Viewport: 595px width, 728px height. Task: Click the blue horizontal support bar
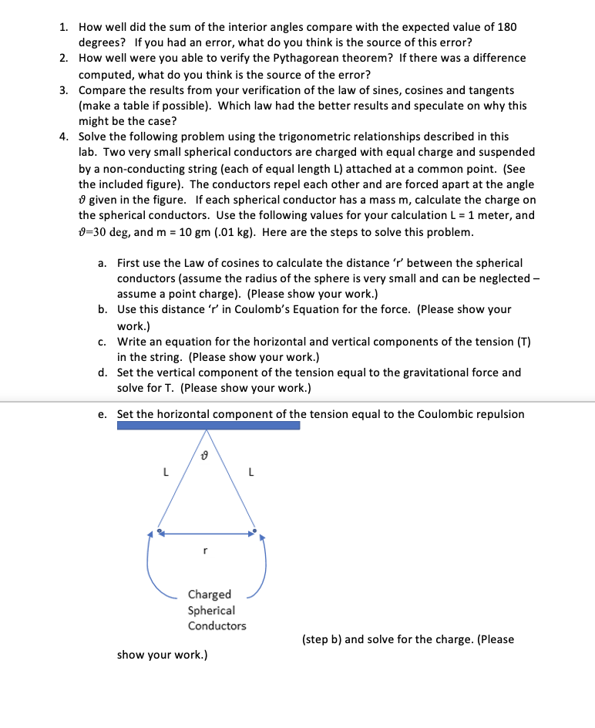[208, 425]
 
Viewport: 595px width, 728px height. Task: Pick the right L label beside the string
[249, 474]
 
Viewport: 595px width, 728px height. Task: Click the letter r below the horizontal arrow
[203, 552]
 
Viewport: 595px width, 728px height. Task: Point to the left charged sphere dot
[160, 531]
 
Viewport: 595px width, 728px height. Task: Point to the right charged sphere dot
[255, 531]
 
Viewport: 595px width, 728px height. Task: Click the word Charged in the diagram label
[209, 594]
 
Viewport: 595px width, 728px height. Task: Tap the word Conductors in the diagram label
[217, 625]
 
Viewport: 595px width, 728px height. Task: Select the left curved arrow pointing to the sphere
[158, 571]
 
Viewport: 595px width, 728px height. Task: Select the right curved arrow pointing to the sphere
[259, 571]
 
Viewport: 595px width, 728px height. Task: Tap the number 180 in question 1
[506, 26]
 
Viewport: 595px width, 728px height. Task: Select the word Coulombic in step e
[444, 414]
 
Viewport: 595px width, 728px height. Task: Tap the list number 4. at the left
[65, 136]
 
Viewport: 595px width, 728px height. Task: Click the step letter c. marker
[103, 342]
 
